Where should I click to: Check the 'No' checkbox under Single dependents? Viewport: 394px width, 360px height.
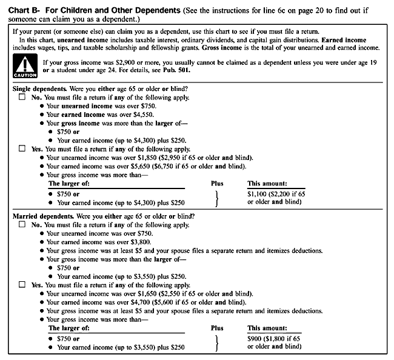tap(22, 98)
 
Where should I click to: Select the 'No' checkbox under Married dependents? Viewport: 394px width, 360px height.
tap(22, 225)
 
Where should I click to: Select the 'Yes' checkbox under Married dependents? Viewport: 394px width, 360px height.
tap(22, 284)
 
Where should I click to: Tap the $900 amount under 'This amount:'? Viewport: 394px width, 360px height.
tap(256, 338)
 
